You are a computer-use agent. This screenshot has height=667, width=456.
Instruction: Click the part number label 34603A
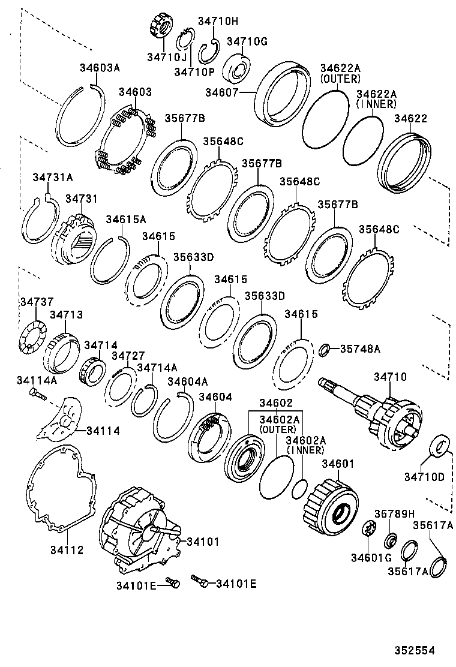click(x=100, y=68)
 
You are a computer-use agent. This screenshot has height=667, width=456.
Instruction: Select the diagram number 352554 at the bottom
click(x=414, y=650)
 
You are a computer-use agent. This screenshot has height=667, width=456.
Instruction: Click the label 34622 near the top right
click(x=410, y=118)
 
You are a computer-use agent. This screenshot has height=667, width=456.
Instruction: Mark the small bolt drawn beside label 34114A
click(x=37, y=395)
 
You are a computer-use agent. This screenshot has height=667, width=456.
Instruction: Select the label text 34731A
click(x=52, y=177)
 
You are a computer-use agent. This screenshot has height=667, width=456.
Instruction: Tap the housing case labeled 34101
click(x=138, y=531)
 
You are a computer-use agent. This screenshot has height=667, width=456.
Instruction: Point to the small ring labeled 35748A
click(x=323, y=349)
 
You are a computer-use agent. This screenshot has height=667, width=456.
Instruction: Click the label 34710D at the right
click(x=424, y=477)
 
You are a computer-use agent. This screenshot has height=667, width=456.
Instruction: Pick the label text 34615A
click(x=126, y=220)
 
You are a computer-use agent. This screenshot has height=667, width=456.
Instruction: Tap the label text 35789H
click(x=394, y=513)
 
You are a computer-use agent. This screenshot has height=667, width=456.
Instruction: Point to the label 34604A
click(x=187, y=381)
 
